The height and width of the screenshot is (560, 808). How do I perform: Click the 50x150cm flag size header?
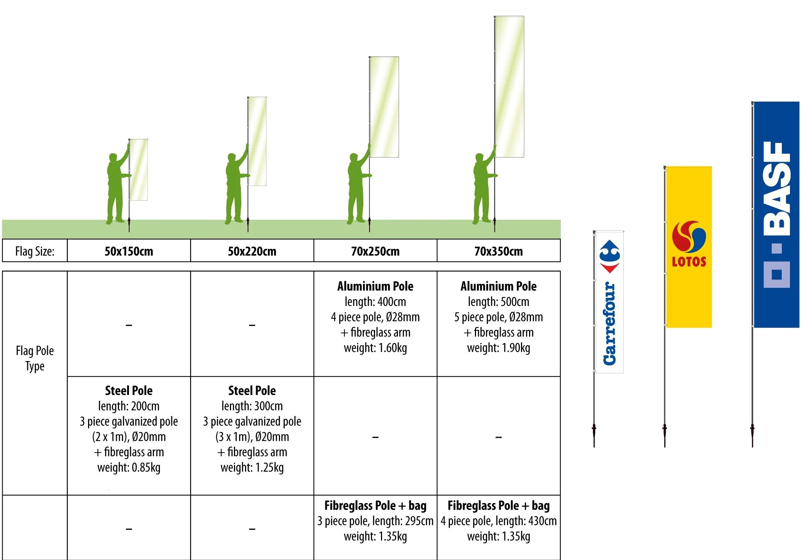point(129,251)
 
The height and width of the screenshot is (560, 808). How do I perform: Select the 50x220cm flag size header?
point(252,251)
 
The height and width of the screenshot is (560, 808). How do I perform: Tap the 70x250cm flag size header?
point(375,251)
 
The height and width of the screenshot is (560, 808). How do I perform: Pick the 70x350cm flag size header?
point(499,251)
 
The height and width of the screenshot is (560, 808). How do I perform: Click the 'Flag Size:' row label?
point(35,251)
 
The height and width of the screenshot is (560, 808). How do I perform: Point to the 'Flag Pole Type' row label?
point(35,358)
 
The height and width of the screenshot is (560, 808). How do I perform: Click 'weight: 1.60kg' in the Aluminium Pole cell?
point(375,348)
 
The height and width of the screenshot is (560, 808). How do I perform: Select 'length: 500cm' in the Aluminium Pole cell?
point(499,302)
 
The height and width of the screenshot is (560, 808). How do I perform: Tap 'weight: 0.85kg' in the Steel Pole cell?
point(129,468)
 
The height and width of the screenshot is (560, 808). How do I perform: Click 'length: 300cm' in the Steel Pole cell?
point(252,406)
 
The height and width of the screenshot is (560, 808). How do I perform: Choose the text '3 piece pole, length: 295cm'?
point(375,521)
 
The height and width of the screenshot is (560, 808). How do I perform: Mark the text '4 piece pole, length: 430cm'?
point(499,521)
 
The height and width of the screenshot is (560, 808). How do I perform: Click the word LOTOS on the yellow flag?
point(689,262)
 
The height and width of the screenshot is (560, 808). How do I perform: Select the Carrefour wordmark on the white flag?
point(609,323)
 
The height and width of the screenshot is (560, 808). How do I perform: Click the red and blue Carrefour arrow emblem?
point(610,256)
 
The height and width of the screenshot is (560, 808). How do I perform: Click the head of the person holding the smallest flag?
point(113,157)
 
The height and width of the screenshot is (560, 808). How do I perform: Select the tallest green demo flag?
point(509,87)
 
